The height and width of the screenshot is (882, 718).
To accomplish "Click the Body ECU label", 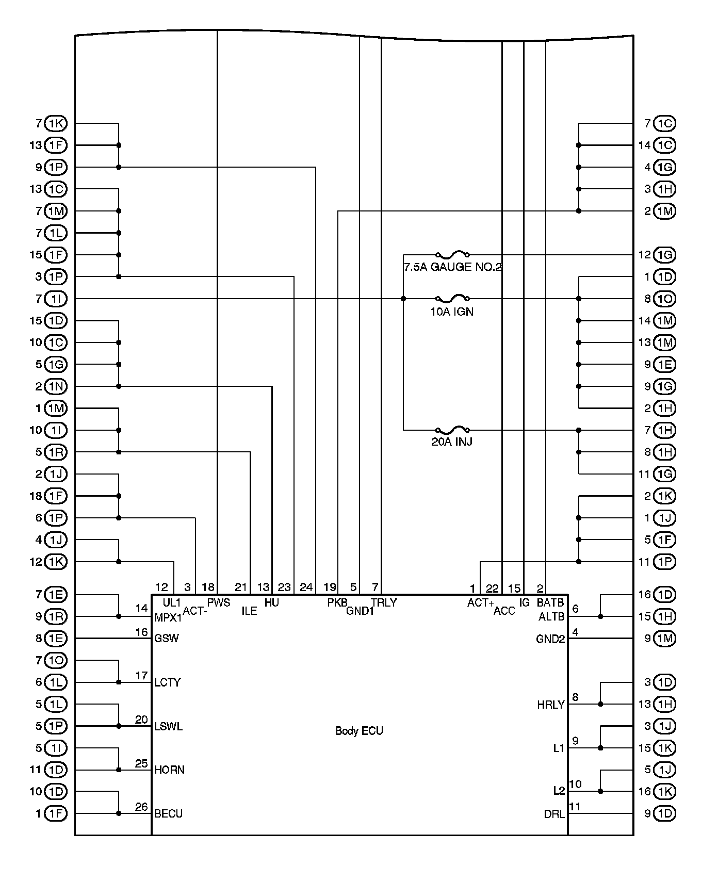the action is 359,731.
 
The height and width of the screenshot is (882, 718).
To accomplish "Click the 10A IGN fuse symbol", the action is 452,299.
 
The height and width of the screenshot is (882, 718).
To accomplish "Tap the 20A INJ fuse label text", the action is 452,442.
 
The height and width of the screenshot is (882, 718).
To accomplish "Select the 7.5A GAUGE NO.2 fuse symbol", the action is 452,255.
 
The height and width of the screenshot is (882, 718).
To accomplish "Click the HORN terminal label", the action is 169,770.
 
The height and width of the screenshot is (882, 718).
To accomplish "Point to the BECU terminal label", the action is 168,813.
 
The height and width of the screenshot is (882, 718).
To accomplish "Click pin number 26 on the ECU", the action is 141,807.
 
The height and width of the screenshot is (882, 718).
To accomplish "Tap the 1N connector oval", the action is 56,386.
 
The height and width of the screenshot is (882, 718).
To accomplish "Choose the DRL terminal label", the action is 554,814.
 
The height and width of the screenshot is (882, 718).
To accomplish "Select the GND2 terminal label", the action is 550,640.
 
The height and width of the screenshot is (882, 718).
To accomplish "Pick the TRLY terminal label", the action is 384,602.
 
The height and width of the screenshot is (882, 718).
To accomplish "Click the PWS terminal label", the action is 219,602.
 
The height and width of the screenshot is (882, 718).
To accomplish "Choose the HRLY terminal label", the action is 551,705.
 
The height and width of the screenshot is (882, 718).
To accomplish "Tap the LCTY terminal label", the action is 168,682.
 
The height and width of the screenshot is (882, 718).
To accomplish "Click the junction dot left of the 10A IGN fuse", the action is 403,299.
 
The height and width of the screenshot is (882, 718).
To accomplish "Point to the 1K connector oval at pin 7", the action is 56,124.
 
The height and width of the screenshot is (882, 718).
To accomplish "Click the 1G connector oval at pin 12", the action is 664,255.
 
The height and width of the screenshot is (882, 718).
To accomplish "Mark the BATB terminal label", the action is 550,602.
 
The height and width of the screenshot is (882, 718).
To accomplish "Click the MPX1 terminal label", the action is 168,617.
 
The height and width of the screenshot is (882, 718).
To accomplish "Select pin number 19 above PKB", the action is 330,587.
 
